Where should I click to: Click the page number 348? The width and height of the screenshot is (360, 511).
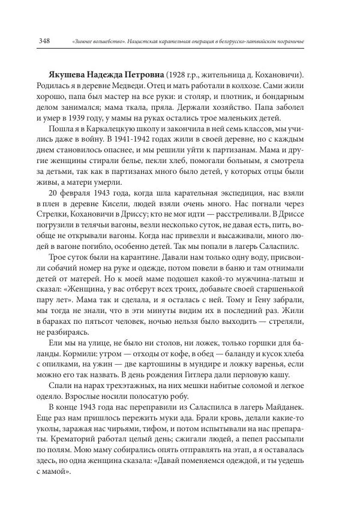pyautogui.click(x=44, y=40)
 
